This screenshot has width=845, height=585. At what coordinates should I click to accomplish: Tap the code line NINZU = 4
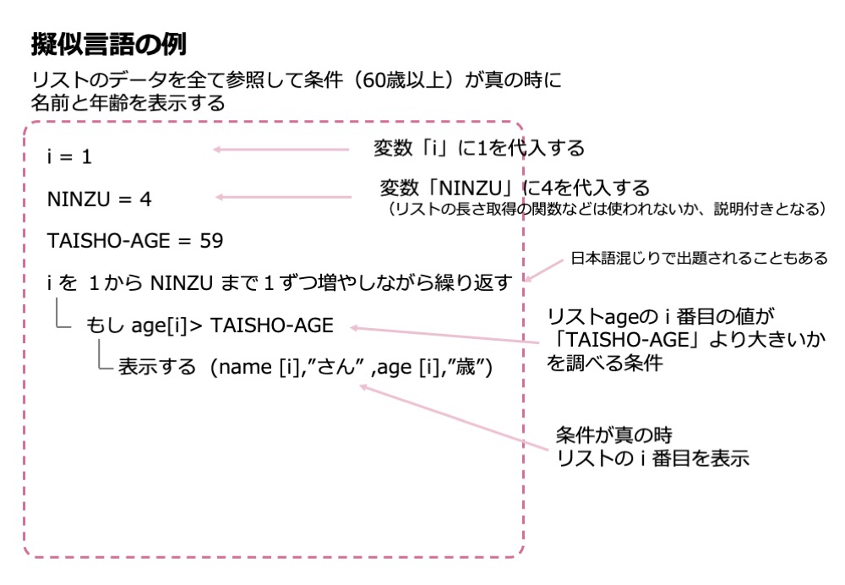pos(99,200)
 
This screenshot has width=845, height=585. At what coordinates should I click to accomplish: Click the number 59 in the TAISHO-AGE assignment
pos(212,241)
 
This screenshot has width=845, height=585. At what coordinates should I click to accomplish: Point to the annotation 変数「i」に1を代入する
pos(479,149)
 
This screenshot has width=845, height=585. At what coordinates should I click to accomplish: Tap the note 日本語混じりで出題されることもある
pos(699,258)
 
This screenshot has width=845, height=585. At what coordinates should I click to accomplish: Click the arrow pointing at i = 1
pos(281,150)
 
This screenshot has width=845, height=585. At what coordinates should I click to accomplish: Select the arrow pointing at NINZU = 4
pos(284,198)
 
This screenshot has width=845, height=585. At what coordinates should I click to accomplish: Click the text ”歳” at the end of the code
pos(469,369)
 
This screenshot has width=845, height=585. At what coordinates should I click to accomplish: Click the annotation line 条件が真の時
pos(613,435)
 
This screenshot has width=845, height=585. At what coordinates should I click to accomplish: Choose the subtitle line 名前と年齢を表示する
pos(128,103)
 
